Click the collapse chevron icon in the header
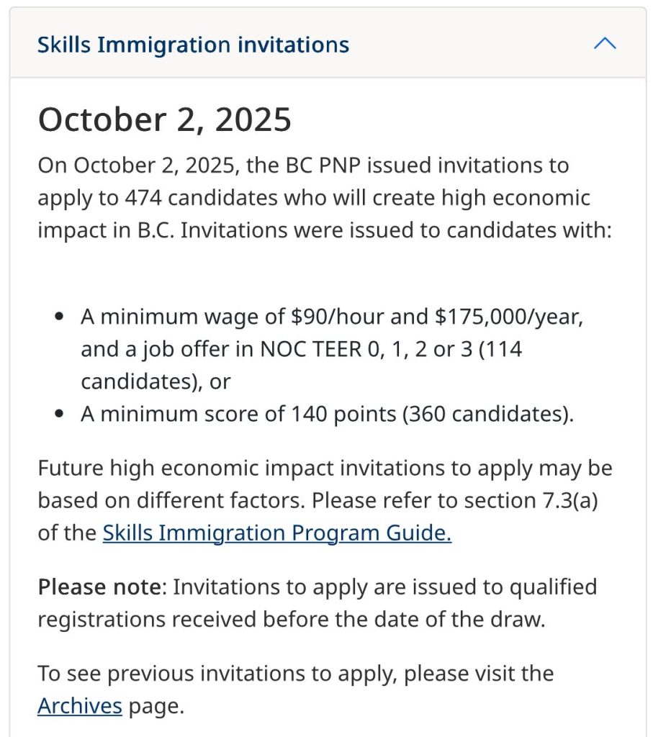pyautogui.click(x=605, y=44)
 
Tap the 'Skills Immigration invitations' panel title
pyautogui.click(x=193, y=45)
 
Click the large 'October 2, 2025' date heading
pyautogui.click(x=164, y=119)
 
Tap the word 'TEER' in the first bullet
pyautogui.click(x=358, y=349)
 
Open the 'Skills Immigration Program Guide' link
pyautogui.click(x=277, y=533)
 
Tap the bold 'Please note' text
pyautogui.click(x=99, y=587)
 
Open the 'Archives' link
pyautogui.click(x=79, y=705)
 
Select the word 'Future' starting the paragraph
pyautogui.click(x=70, y=468)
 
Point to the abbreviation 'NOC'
pyautogui.click(x=287, y=349)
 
